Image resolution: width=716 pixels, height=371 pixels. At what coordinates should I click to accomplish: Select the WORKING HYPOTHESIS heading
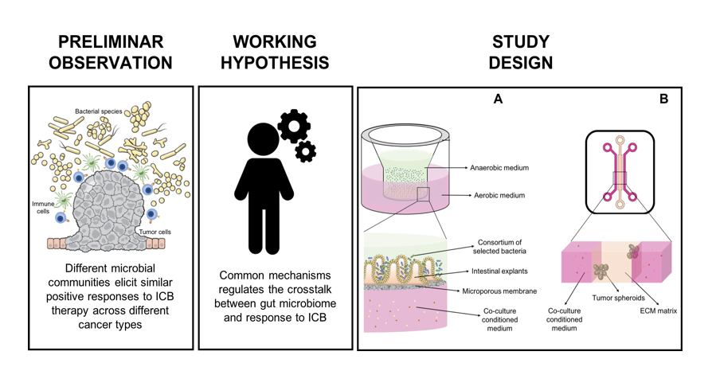point(275,52)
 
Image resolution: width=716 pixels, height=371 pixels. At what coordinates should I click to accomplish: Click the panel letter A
point(498,100)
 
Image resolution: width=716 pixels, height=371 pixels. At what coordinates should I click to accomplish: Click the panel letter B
point(664,100)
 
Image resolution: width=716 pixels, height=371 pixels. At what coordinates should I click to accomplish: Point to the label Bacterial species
point(99,111)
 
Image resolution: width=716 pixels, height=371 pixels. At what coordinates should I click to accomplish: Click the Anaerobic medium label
point(499,168)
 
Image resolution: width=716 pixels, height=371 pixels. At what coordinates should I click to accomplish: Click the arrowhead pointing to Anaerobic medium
point(463,168)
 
